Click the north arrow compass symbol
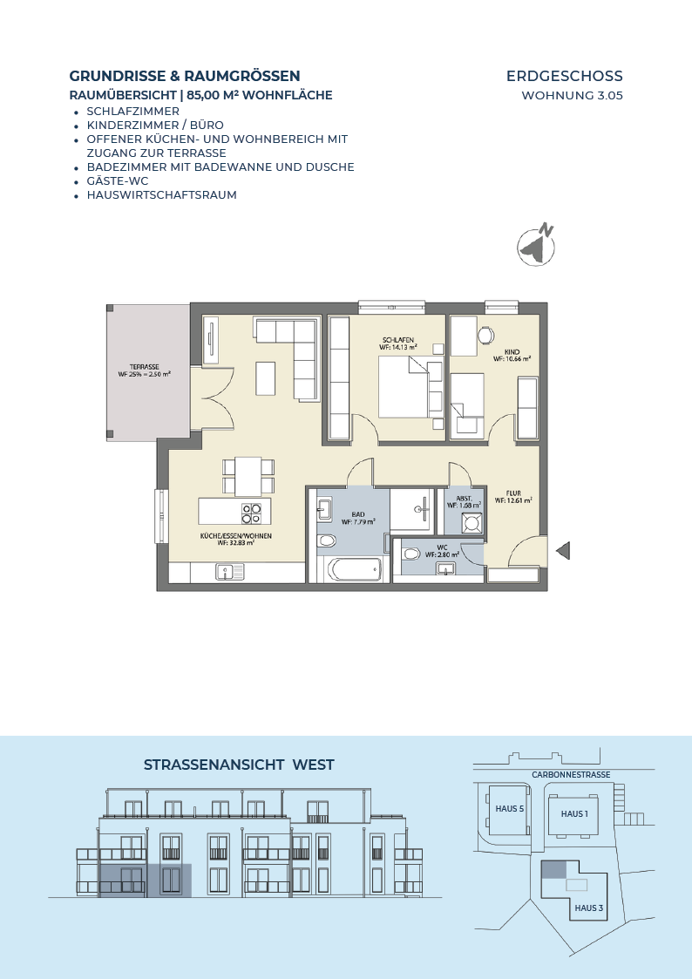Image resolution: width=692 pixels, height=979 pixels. click(x=536, y=245)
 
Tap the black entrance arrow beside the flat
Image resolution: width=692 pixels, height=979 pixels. click(x=563, y=551)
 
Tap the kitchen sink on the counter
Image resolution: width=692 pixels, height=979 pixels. click(x=230, y=571)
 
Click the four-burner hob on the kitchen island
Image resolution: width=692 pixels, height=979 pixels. click(x=252, y=513)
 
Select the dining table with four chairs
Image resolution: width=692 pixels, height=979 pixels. click(x=248, y=476)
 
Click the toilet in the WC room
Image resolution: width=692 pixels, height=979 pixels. click(x=411, y=554)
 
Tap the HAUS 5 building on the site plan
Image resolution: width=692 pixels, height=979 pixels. click(x=509, y=809)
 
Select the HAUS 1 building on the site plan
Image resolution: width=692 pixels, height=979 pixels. click(x=574, y=813)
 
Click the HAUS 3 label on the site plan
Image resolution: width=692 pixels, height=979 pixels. click(x=589, y=908)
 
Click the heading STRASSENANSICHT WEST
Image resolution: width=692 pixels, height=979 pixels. click(x=239, y=765)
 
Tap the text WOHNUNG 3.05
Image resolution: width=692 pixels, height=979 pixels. click(x=573, y=96)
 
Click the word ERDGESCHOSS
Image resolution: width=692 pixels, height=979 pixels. click(x=565, y=76)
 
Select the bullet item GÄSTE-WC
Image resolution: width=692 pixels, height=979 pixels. click(x=118, y=180)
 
